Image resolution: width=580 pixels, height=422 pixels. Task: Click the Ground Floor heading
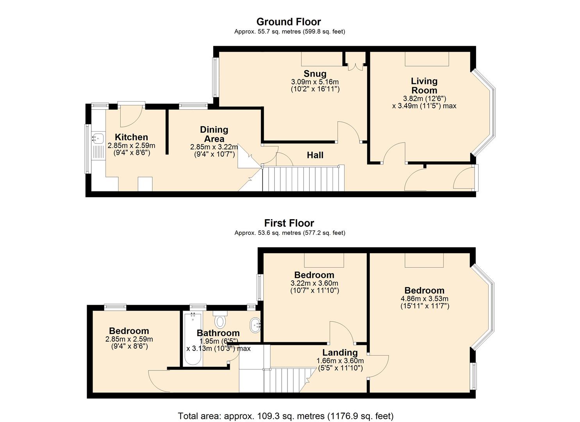[289, 21]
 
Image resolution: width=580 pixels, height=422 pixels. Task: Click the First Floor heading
[289, 223]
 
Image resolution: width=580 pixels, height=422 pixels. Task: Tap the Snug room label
[315, 73]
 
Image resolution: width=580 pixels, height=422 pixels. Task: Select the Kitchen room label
[131, 137]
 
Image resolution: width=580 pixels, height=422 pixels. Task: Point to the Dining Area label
[214, 134]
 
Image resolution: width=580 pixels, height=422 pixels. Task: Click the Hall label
[315, 155]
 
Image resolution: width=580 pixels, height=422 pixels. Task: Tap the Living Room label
[424, 86]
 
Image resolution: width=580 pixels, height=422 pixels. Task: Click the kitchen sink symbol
[98, 138]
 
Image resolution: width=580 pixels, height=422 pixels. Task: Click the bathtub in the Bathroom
[192, 338]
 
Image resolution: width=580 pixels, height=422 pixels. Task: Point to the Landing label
[340, 352]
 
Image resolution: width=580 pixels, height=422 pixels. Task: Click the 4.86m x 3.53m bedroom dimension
[425, 299]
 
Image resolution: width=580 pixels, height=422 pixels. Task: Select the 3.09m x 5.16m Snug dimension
[315, 82]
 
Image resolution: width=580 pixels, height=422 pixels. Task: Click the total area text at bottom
[286, 416]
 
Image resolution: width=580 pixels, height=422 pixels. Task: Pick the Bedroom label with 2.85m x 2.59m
[129, 331]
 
